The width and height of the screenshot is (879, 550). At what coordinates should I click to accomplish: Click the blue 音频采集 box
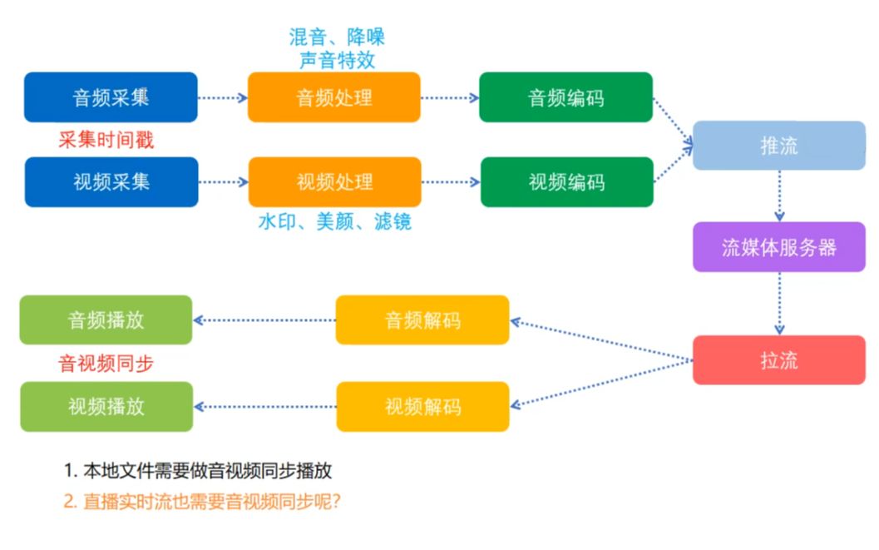(x=111, y=97)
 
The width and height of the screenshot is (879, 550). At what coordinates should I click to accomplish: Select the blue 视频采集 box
(x=111, y=181)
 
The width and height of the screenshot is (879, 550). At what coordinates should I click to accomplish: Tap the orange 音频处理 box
(x=334, y=97)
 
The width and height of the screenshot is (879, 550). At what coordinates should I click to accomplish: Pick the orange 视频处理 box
(x=334, y=181)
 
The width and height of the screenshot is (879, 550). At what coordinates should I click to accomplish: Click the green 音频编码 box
(x=566, y=97)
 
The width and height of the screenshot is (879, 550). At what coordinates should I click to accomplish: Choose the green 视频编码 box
(x=566, y=181)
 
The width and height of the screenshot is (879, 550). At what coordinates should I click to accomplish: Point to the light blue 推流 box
(x=779, y=146)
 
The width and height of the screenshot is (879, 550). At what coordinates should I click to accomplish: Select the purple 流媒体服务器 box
(x=779, y=247)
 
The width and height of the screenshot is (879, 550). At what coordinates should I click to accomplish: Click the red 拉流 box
(x=779, y=360)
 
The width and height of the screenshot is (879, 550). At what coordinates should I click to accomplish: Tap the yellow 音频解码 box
(x=422, y=320)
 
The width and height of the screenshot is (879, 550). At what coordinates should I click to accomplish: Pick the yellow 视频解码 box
(x=422, y=406)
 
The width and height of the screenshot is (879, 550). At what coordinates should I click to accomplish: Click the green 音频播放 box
(x=106, y=320)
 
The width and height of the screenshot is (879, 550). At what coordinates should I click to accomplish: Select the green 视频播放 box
(x=106, y=406)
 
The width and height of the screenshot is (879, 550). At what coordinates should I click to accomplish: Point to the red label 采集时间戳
(x=106, y=140)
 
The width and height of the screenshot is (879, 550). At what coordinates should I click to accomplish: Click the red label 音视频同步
(x=106, y=364)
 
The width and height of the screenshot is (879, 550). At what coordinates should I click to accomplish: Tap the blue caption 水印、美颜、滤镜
(x=334, y=222)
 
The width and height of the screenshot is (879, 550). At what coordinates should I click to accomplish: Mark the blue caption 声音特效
(x=337, y=60)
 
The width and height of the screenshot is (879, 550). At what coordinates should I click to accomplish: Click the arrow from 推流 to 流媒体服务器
(x=779, y=196)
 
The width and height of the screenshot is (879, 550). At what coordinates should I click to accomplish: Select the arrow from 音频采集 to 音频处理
(x=223, y=97)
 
